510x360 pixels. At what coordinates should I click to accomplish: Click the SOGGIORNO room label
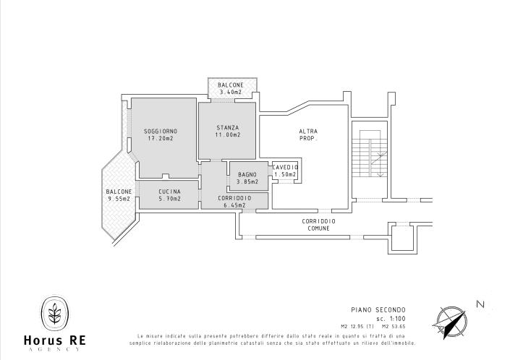click(161, 131)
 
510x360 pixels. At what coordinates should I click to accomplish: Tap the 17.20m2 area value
click(161, 138)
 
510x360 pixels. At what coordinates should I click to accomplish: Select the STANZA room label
click(227, 128)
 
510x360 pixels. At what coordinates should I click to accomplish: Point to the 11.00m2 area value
click(227, 135)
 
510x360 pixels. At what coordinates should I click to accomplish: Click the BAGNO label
click(247, 174)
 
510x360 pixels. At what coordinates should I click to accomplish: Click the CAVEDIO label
click(285, 168)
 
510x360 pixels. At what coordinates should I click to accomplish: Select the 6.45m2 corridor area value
click(234, 205)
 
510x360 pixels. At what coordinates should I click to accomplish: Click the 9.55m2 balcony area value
click(119, 199)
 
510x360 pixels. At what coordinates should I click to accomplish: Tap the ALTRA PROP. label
click(308, 134)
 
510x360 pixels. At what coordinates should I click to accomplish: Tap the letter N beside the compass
click(480, 305)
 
